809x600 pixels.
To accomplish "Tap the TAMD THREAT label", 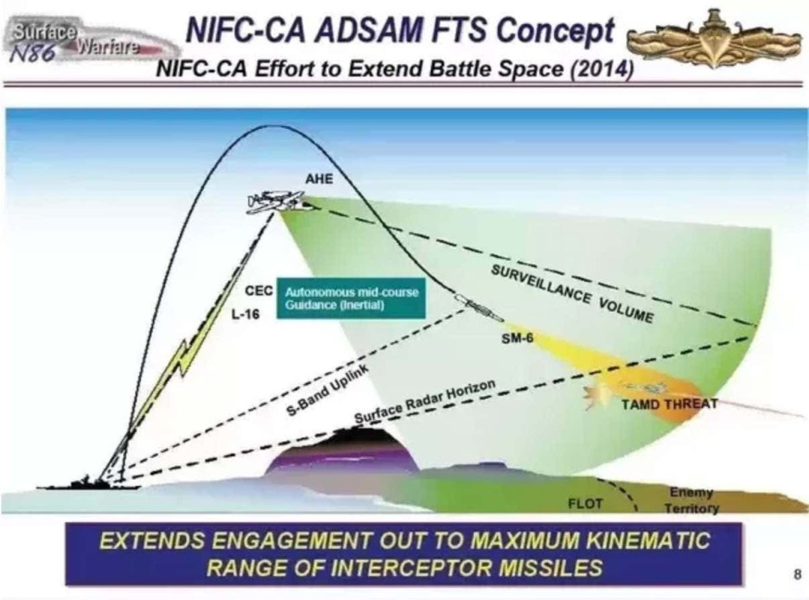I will [661, 405].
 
